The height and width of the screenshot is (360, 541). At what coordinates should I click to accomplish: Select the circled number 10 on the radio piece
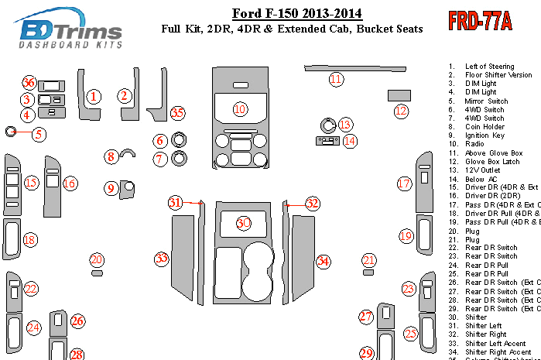point(240,108)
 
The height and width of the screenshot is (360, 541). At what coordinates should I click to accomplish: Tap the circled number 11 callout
point(335,79)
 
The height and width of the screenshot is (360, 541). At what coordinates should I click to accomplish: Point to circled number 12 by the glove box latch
point(401,111)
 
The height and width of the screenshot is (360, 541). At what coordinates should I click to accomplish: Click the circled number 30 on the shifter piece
point(244,223)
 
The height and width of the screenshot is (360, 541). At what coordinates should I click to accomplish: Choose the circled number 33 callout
point(161,258)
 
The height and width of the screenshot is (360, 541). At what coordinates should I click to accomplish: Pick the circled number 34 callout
point(324,262)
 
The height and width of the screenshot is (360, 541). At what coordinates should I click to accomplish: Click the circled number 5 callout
point(38,134)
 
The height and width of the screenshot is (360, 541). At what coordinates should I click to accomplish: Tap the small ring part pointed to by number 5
point(11,132)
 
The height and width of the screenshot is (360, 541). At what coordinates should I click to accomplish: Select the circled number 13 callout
point(344,124)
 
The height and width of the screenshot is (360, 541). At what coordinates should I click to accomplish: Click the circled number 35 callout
point(178,113)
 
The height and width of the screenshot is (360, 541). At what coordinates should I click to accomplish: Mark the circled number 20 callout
point(96,259)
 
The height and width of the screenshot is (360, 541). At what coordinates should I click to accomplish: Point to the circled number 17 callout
point(404,183)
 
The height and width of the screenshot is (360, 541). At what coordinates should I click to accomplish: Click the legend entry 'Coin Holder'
point(485,127)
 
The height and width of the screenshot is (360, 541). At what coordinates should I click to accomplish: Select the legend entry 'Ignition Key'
point(486,135)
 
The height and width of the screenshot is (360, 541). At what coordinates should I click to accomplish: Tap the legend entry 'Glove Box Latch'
point(492,161)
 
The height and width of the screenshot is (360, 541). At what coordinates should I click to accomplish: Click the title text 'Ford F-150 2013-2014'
point(296,13)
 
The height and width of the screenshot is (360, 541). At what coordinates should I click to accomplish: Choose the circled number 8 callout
point(111,157)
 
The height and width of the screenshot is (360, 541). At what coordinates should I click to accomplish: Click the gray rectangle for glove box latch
point(398,94)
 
